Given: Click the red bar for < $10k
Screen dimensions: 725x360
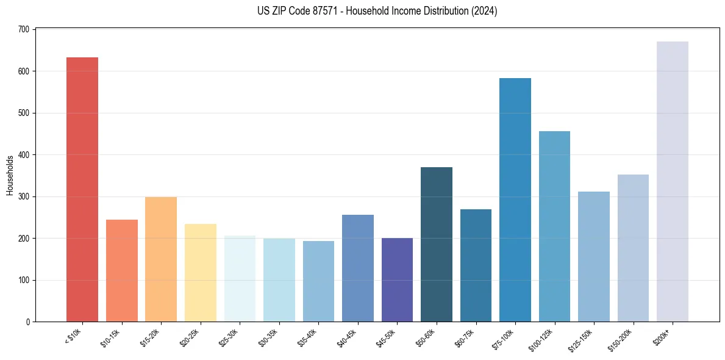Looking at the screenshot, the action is [82, 189].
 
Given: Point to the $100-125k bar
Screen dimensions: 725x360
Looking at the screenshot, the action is [554, 226].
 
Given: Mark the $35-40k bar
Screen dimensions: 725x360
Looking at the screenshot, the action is [318, 281].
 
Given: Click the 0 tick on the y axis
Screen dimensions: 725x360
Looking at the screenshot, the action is [29, 322].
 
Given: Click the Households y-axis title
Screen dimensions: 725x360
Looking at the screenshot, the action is [10, 175].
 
